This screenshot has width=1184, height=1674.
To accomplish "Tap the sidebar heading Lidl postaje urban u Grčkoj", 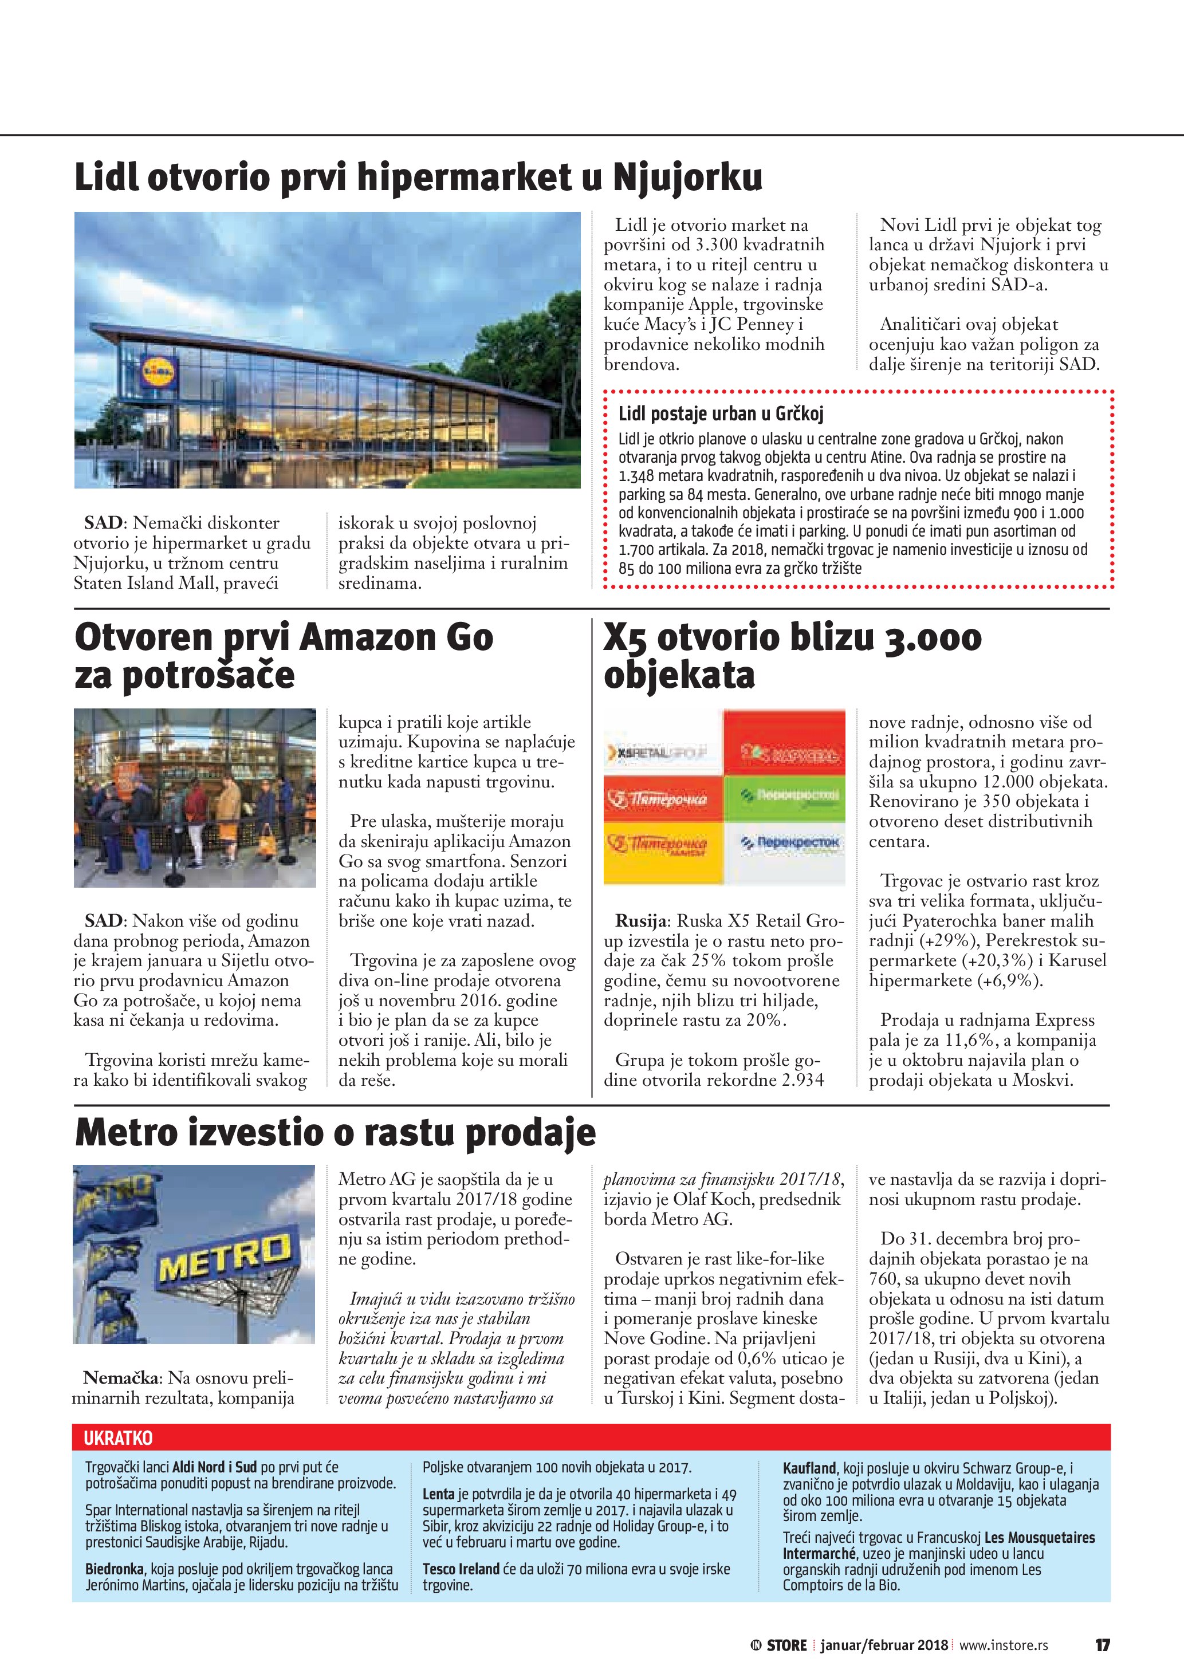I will click(721, 414).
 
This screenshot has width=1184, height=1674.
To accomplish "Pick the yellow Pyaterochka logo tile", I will click(663, 845).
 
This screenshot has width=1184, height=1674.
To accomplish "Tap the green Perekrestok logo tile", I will click(785, 797).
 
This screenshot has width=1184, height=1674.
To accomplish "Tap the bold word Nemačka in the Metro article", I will click(121, 1378).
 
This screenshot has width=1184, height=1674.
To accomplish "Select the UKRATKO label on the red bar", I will click(118, 1438).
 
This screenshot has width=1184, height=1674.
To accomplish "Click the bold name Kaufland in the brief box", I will click(809, 1468).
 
